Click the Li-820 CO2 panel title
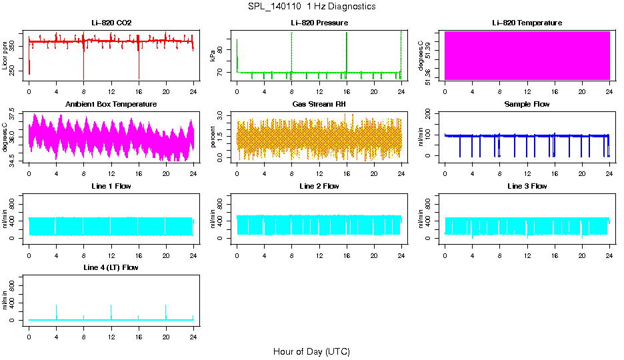[x=111, y=23]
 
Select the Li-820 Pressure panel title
[x=319, y=23]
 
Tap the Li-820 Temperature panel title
[x=527, y=23]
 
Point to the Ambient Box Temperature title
[x=111, y=105]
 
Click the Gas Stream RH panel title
[x=319, y=105]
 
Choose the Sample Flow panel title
[x=527, y=105]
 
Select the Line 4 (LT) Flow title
[x=111, y=267]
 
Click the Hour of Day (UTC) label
[x=311, y=351]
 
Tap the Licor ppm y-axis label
[x=5, y=56]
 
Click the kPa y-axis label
[x=213, y=56]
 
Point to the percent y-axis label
[x=213, y=137]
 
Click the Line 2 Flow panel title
[x=319, y=186]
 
